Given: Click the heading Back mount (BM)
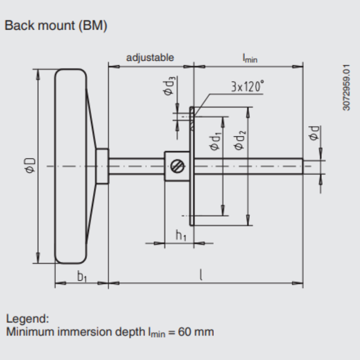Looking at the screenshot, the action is coord(56,25).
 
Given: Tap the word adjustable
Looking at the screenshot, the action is coord(150,58).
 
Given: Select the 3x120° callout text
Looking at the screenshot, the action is coord(247,86).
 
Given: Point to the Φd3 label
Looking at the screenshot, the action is coord(169,85).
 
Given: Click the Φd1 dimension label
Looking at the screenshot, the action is coord(216,142).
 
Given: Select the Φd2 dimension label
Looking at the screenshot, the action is coord(239,140).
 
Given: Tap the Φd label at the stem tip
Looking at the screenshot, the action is coord(314,133).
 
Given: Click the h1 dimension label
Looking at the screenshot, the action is coord(181,235).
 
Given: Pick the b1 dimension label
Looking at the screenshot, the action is coord(82,276).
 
